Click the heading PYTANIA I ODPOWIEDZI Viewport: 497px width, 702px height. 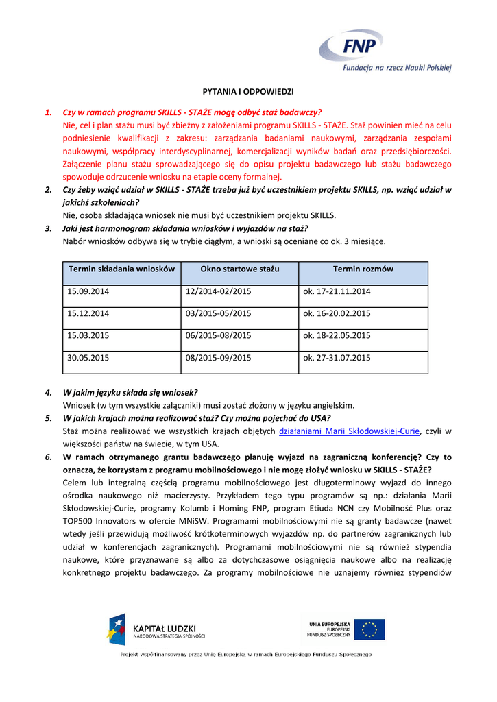tap(248, 91)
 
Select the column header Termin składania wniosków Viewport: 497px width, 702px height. tap(122, 269)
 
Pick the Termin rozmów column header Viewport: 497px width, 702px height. tap(363, 269)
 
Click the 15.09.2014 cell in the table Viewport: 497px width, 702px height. tap(88, 291)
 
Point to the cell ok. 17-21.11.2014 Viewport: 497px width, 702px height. tap(337, 291)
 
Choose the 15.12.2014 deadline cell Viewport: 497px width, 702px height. tap(88, 313)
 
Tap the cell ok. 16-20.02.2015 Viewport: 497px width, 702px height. tap(337, 313)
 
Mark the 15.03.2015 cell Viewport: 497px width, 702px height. tap(88, 335)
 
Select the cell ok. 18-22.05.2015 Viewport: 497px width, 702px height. tap(337, 335)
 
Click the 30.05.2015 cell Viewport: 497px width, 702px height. tap(88, 357)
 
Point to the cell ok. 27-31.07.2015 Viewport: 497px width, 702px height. tap(337, 357)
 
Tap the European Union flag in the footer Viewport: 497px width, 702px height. tap(374, 629)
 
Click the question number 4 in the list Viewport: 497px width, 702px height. tap(49, 392)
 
